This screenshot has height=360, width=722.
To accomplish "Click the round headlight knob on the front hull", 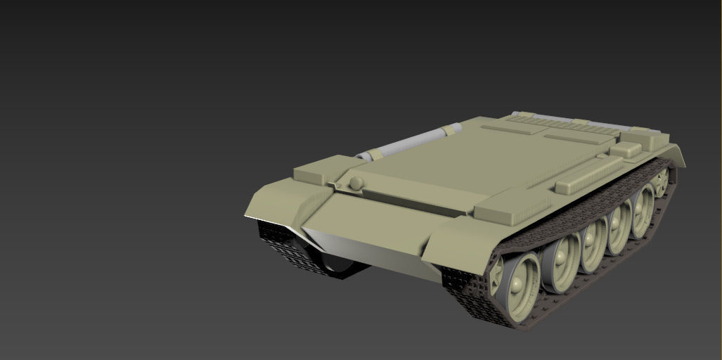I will (356, 183).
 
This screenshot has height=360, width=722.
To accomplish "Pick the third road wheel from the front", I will (592, 245).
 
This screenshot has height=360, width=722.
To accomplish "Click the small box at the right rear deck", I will (625, 149).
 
